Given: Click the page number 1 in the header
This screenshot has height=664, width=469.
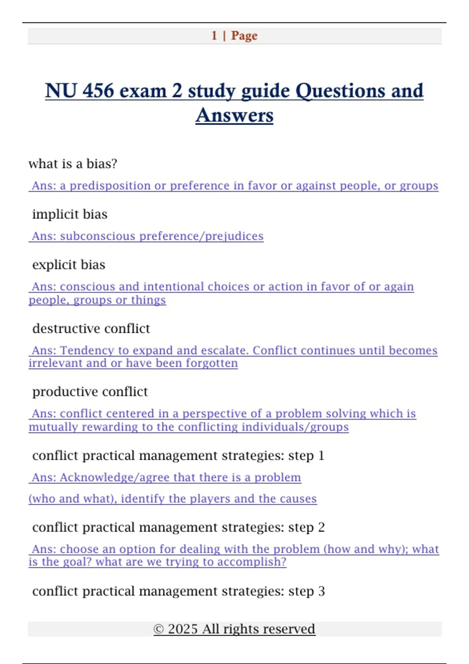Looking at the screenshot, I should [214, 36].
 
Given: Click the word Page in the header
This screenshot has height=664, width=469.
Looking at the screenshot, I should [244, 36].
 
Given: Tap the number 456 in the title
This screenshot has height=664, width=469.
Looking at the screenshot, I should [98, 91].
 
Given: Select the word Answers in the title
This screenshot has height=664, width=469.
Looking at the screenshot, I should [234, 115].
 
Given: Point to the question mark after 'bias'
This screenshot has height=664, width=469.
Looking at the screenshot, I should [114, 164].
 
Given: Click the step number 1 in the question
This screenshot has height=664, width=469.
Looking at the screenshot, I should [321, 455].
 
